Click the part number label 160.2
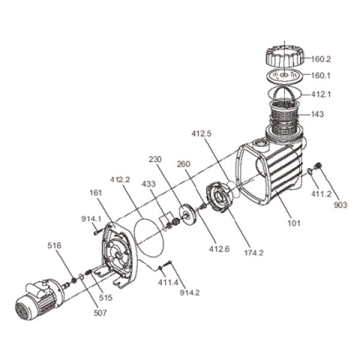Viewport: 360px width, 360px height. point(321,59)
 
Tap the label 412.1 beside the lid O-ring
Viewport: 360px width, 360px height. point(321,94)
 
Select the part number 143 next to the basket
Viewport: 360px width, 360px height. point(317,114)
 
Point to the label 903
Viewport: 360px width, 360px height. point(340,205)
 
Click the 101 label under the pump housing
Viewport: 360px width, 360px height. point(293,223)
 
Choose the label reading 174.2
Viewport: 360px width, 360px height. point(253,253)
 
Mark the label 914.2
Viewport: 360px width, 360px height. point(190,292)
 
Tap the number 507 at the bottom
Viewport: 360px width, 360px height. point(100,313)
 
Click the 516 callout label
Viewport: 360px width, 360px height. point(54,245)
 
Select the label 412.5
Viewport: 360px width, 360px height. point(202,133)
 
